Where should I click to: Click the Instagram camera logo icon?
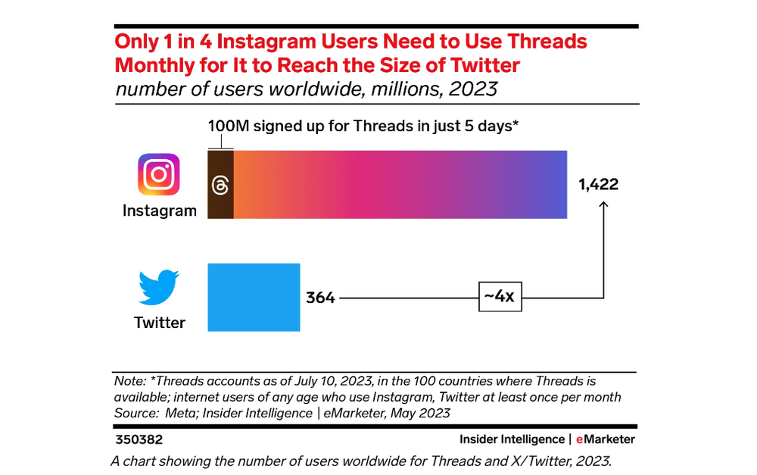tap(159, 174)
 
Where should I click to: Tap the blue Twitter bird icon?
tap(158, 286)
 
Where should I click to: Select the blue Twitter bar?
tap(254, 297)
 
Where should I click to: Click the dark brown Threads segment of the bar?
tap(220, 185)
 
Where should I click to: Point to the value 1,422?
tap(599, 184)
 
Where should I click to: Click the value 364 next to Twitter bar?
tap(320, 298)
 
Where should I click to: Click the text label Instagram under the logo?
tap(160, 211)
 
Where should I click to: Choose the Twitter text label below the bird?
tap(160, 323)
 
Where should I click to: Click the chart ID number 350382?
tap(139, 439)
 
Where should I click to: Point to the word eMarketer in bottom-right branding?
tap(605, 439)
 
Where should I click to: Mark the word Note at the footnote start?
tap(128, 381)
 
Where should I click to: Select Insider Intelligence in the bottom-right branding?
tap(512, 439)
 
